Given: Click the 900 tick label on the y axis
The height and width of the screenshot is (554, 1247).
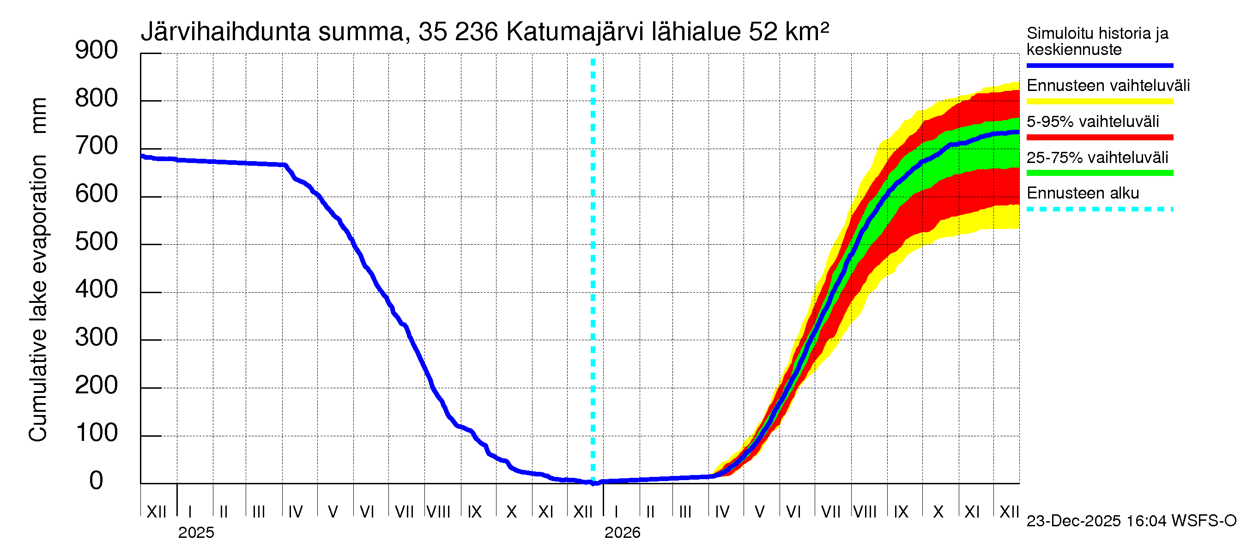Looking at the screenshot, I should pyautogui.click(x=97, y=50).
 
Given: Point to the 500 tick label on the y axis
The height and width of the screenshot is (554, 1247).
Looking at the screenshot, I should pyautogui.click(x=97, y=241).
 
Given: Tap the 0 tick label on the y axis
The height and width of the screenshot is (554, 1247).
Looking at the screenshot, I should pyautogui.click(x=97, y=481).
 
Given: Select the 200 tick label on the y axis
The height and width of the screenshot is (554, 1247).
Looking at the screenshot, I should pyautogui.click(x=97, y=385).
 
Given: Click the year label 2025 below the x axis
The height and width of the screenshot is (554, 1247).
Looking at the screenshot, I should pyautogui.click(x=196, y=533).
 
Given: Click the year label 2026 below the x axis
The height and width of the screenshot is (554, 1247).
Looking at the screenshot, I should pyautogui.click(x=622, y=533).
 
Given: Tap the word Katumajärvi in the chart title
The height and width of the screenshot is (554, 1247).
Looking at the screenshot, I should pyautogui.click(x=575, y=32).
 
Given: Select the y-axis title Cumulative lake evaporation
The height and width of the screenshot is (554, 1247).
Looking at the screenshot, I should pyautogui.click(x=38, y=298).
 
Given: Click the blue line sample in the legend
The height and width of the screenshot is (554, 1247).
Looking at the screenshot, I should pyautogui.click(x=1099, y=65).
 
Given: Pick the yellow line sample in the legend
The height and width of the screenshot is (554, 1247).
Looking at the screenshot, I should pyautogui.click(x=1099, y=101).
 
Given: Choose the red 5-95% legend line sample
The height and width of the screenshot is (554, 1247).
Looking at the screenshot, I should pyautogui.click(x=1099, y=138).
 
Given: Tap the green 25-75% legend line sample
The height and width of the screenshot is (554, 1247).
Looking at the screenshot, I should pyautogui.click(x=1099, y=173).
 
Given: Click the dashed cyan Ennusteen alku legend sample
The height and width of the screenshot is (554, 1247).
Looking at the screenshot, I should pyautogui.click(x=1099, y=210).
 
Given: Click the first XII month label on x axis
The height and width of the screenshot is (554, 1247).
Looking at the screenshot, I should pyautogui.click(x=156, y=512).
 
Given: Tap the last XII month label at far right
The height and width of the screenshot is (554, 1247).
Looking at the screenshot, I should pyautogui.click(x=1009, y=512).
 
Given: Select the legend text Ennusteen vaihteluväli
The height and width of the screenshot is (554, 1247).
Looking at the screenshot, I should pyautogui.click(x=1108, y=86).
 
